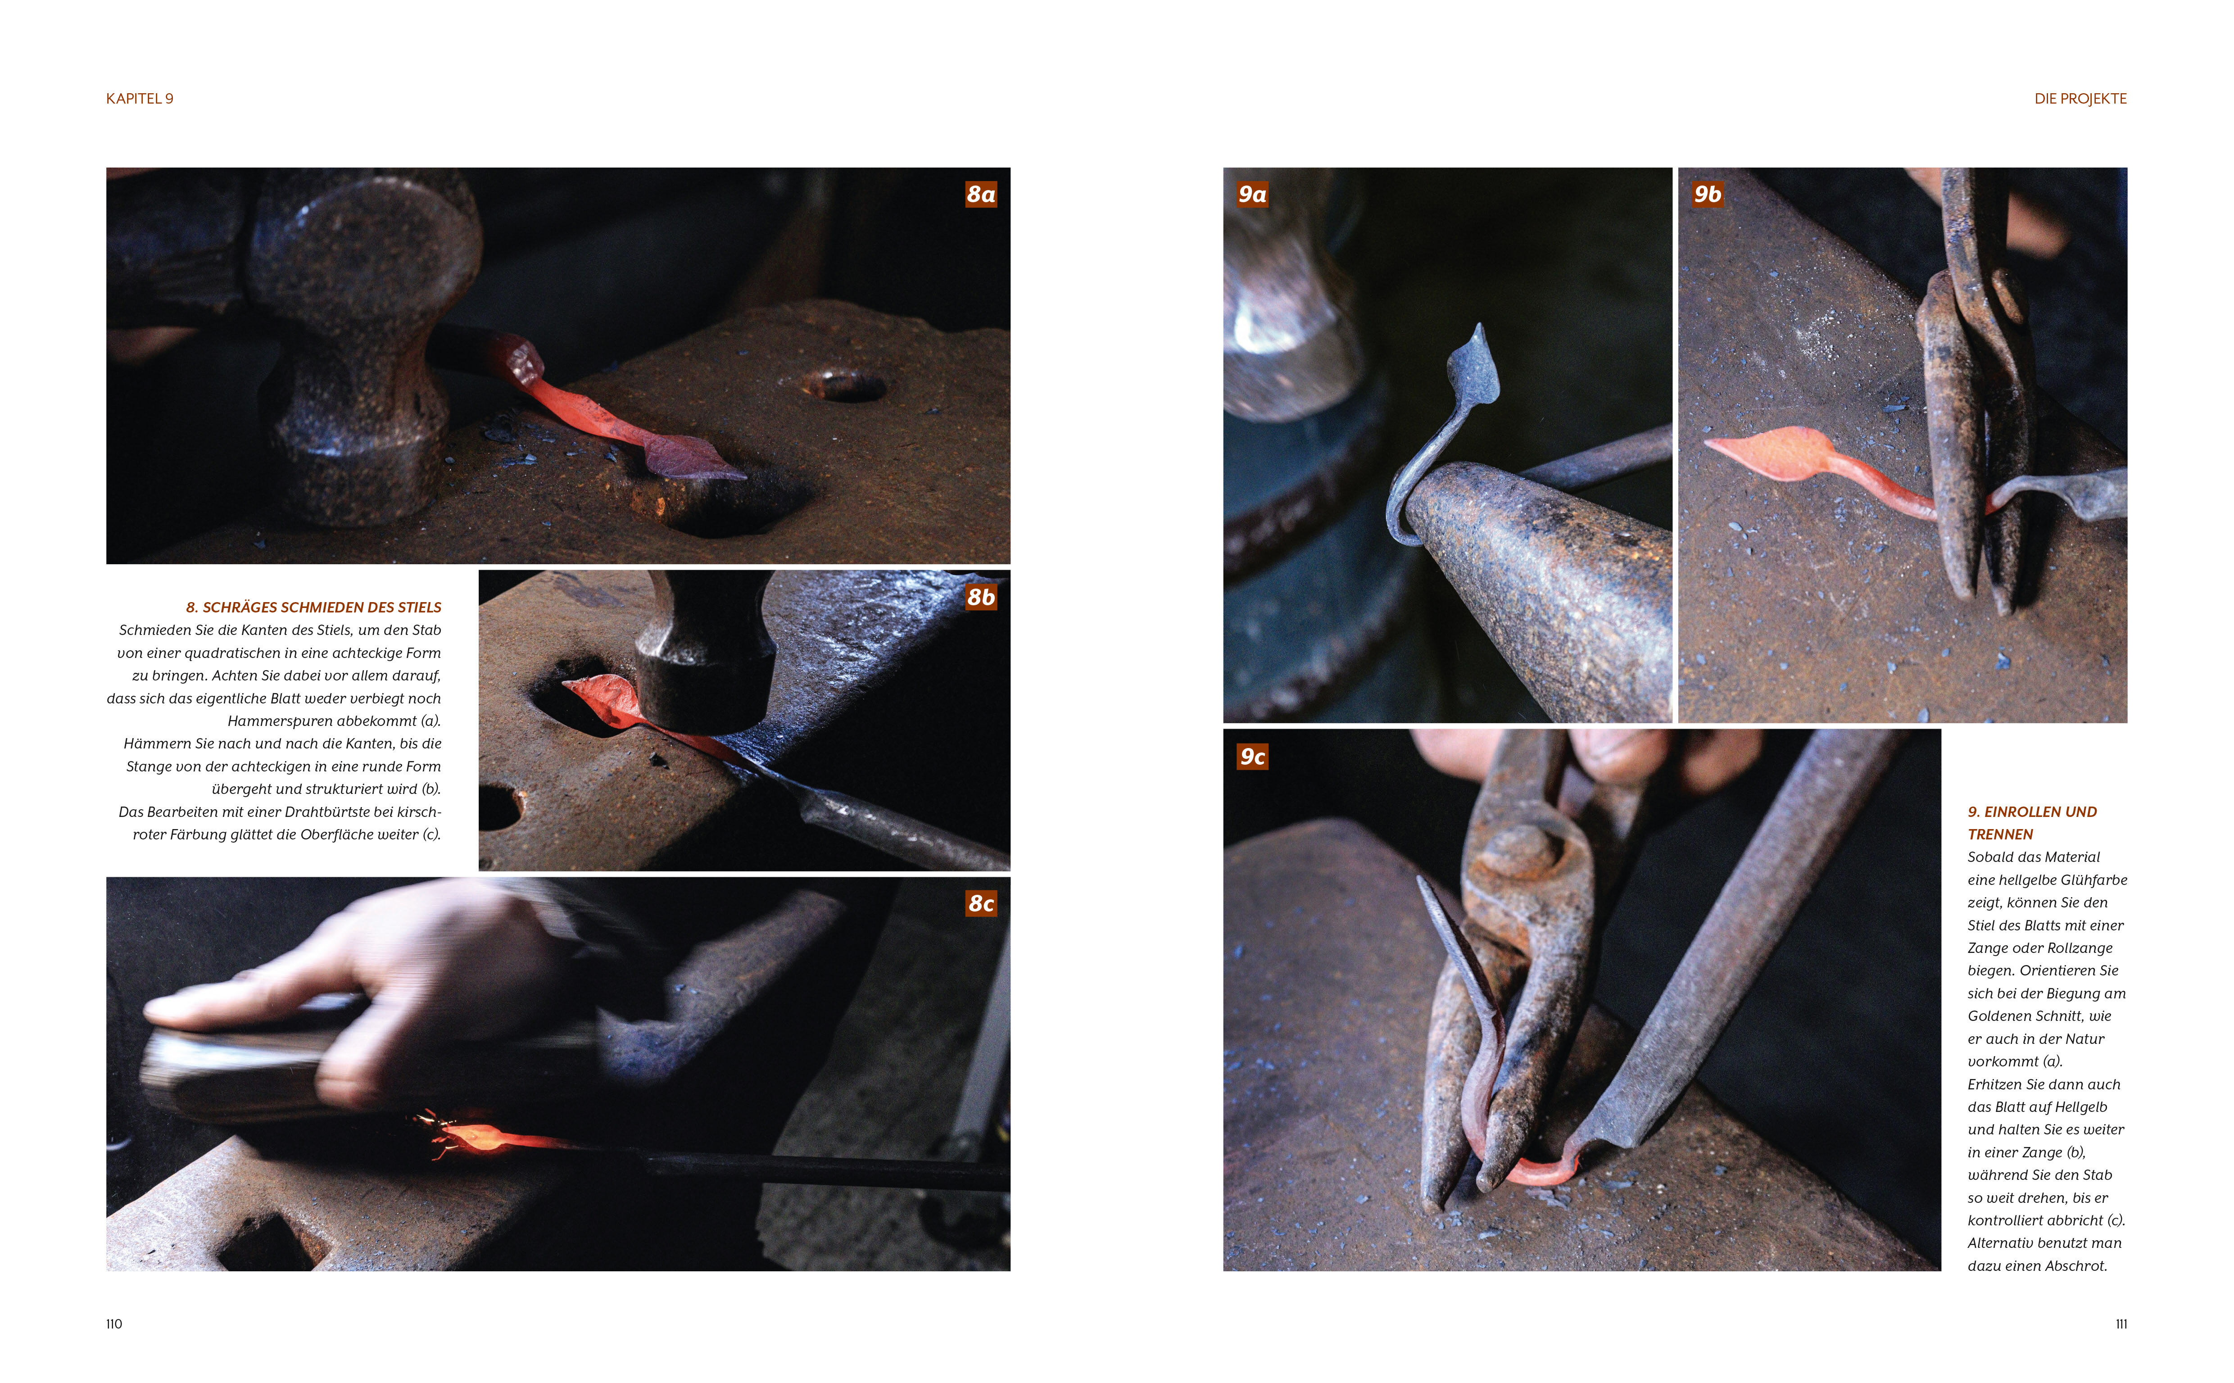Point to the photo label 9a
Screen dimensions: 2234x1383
[x=1252, y=194]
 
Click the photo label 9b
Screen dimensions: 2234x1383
[x=1707, y=194]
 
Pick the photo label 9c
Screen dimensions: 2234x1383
[x=1252, y=757]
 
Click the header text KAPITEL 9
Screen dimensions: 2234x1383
[x=140, y=99]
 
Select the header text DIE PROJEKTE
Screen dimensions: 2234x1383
[x=2080, y=99]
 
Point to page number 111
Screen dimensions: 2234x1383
[x=2121, y=1324]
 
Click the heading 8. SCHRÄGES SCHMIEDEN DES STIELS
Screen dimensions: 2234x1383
[x=314, y=608]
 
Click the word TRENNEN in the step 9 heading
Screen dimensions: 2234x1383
[x=2000, y=834]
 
